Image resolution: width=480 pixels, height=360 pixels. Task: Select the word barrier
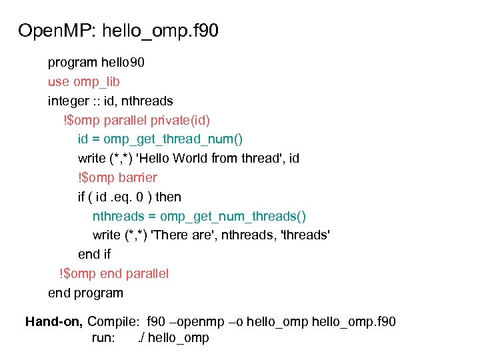[x=138, y=177]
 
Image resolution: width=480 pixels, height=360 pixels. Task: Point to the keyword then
[x=168, y=197]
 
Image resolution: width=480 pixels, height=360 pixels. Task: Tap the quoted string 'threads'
[x=307, y=235]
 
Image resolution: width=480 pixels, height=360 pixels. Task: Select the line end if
[x=94, y=254]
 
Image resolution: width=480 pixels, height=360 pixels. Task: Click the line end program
[x=85, y=293]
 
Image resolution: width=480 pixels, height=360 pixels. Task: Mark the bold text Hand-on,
[x=54, y=322]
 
